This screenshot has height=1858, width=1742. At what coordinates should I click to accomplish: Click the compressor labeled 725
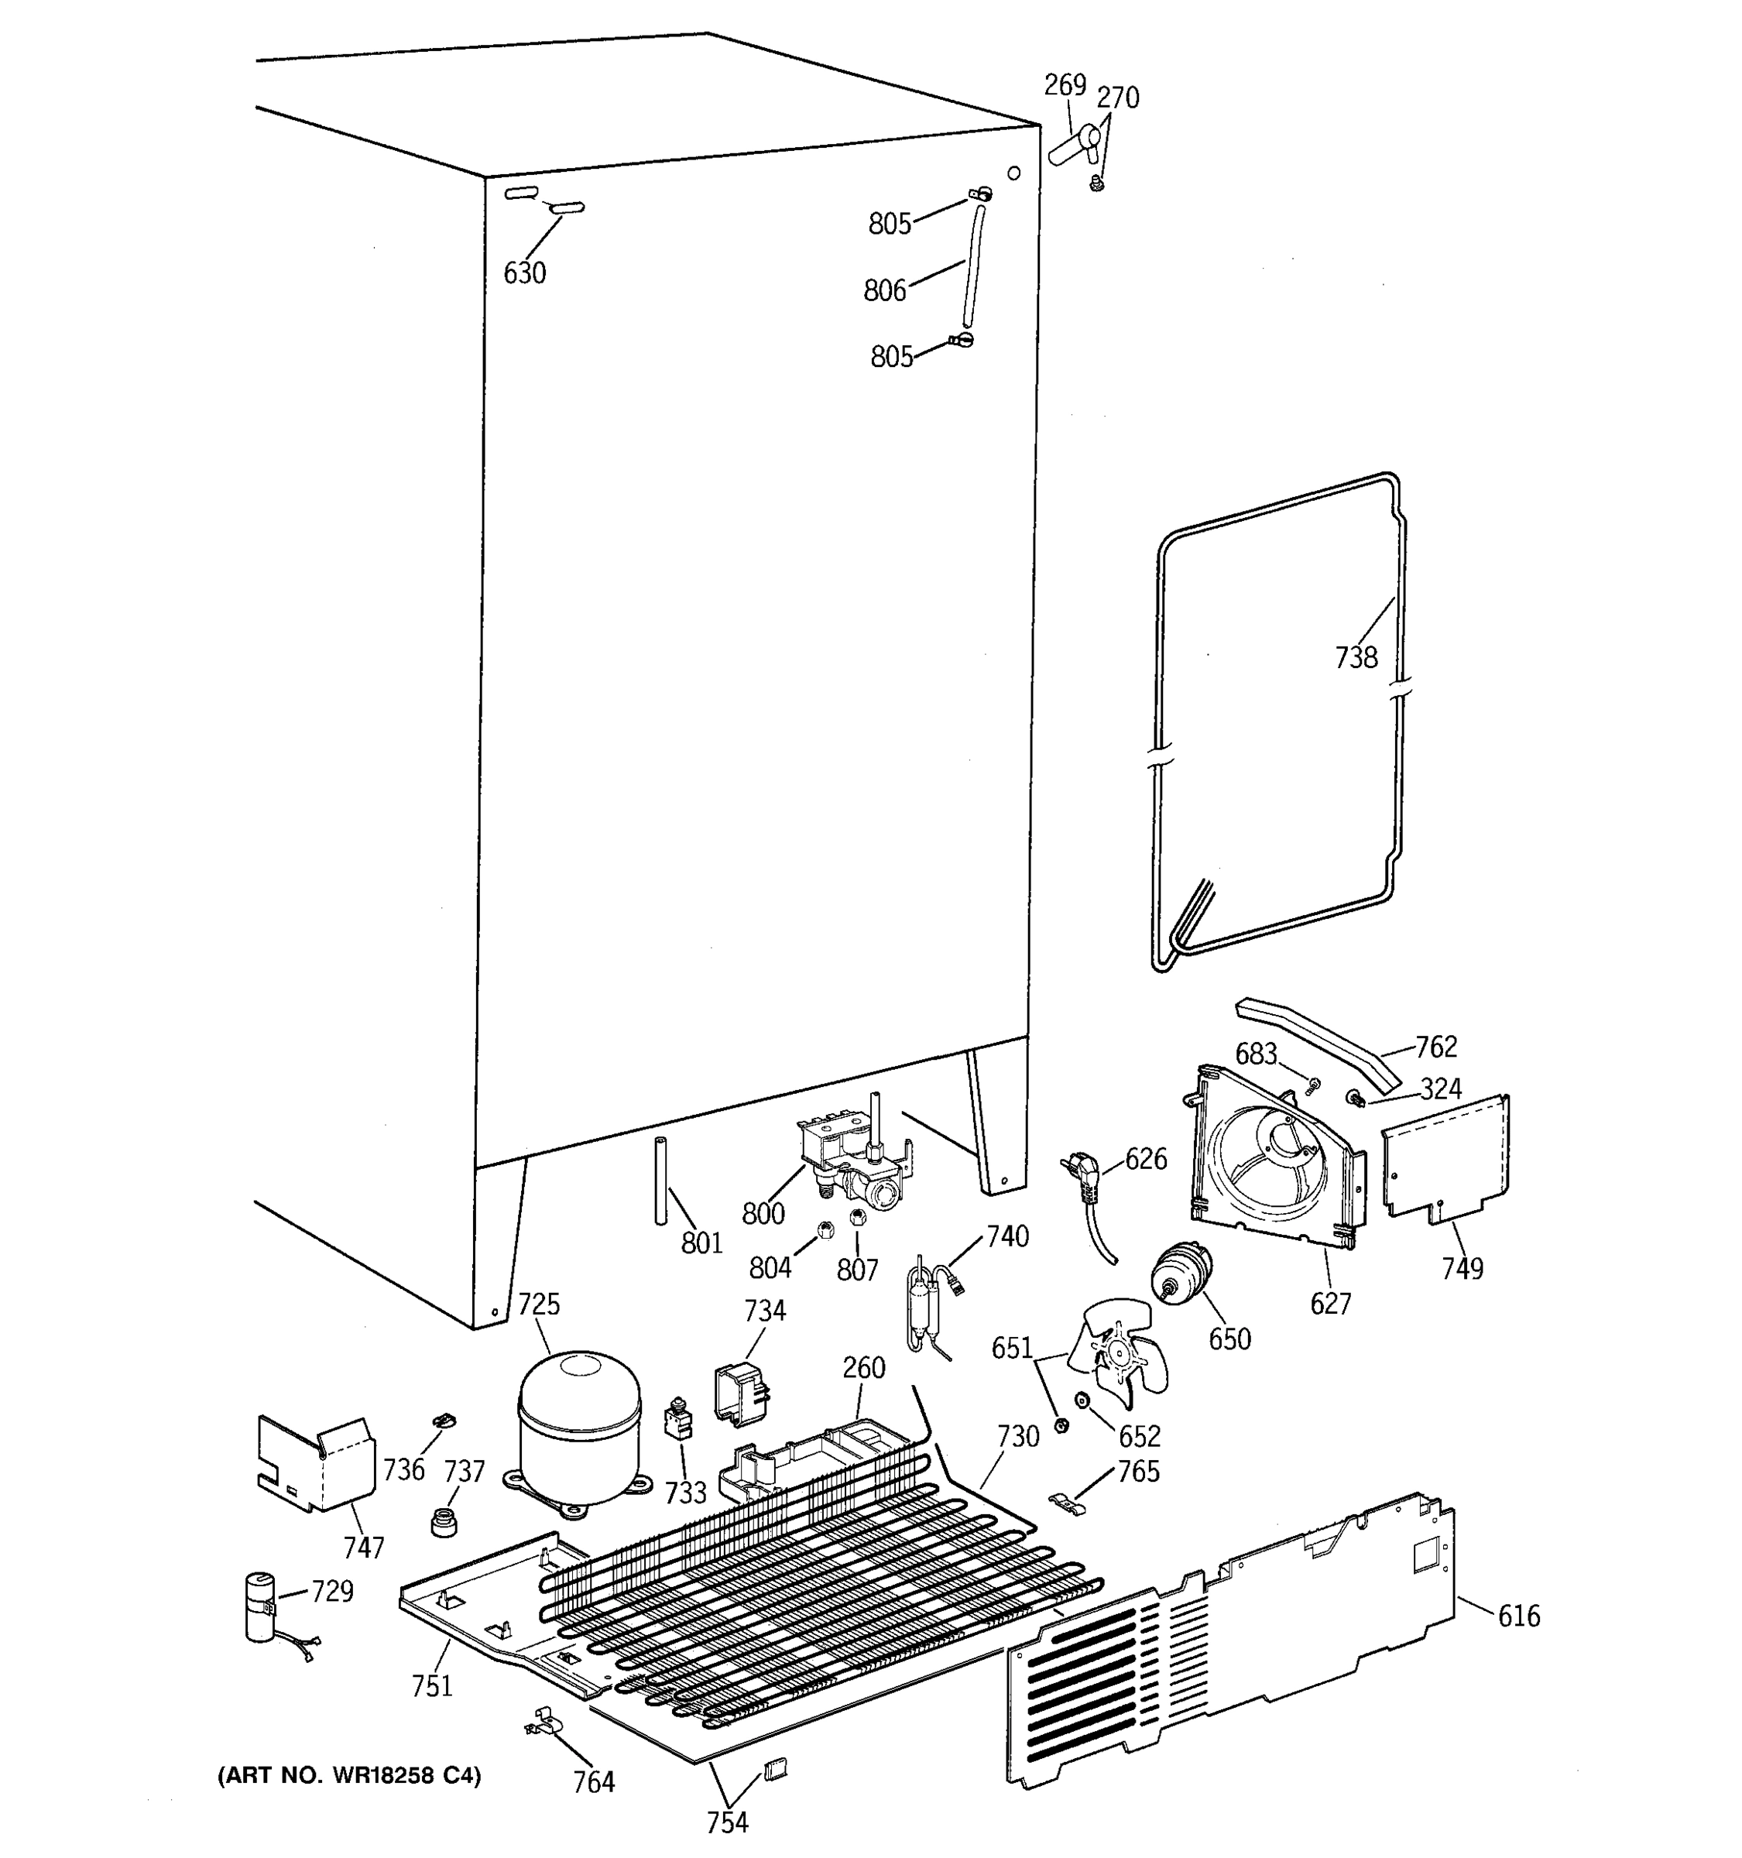pos(579,1426)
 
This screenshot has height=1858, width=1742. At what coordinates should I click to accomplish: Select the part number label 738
pos(1355,658)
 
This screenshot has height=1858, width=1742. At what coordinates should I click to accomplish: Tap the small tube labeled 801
pos(660,1181)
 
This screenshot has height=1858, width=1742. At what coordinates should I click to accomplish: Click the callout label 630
pos(524,273)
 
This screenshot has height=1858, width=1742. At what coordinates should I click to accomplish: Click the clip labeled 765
pos(1068,1503)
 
